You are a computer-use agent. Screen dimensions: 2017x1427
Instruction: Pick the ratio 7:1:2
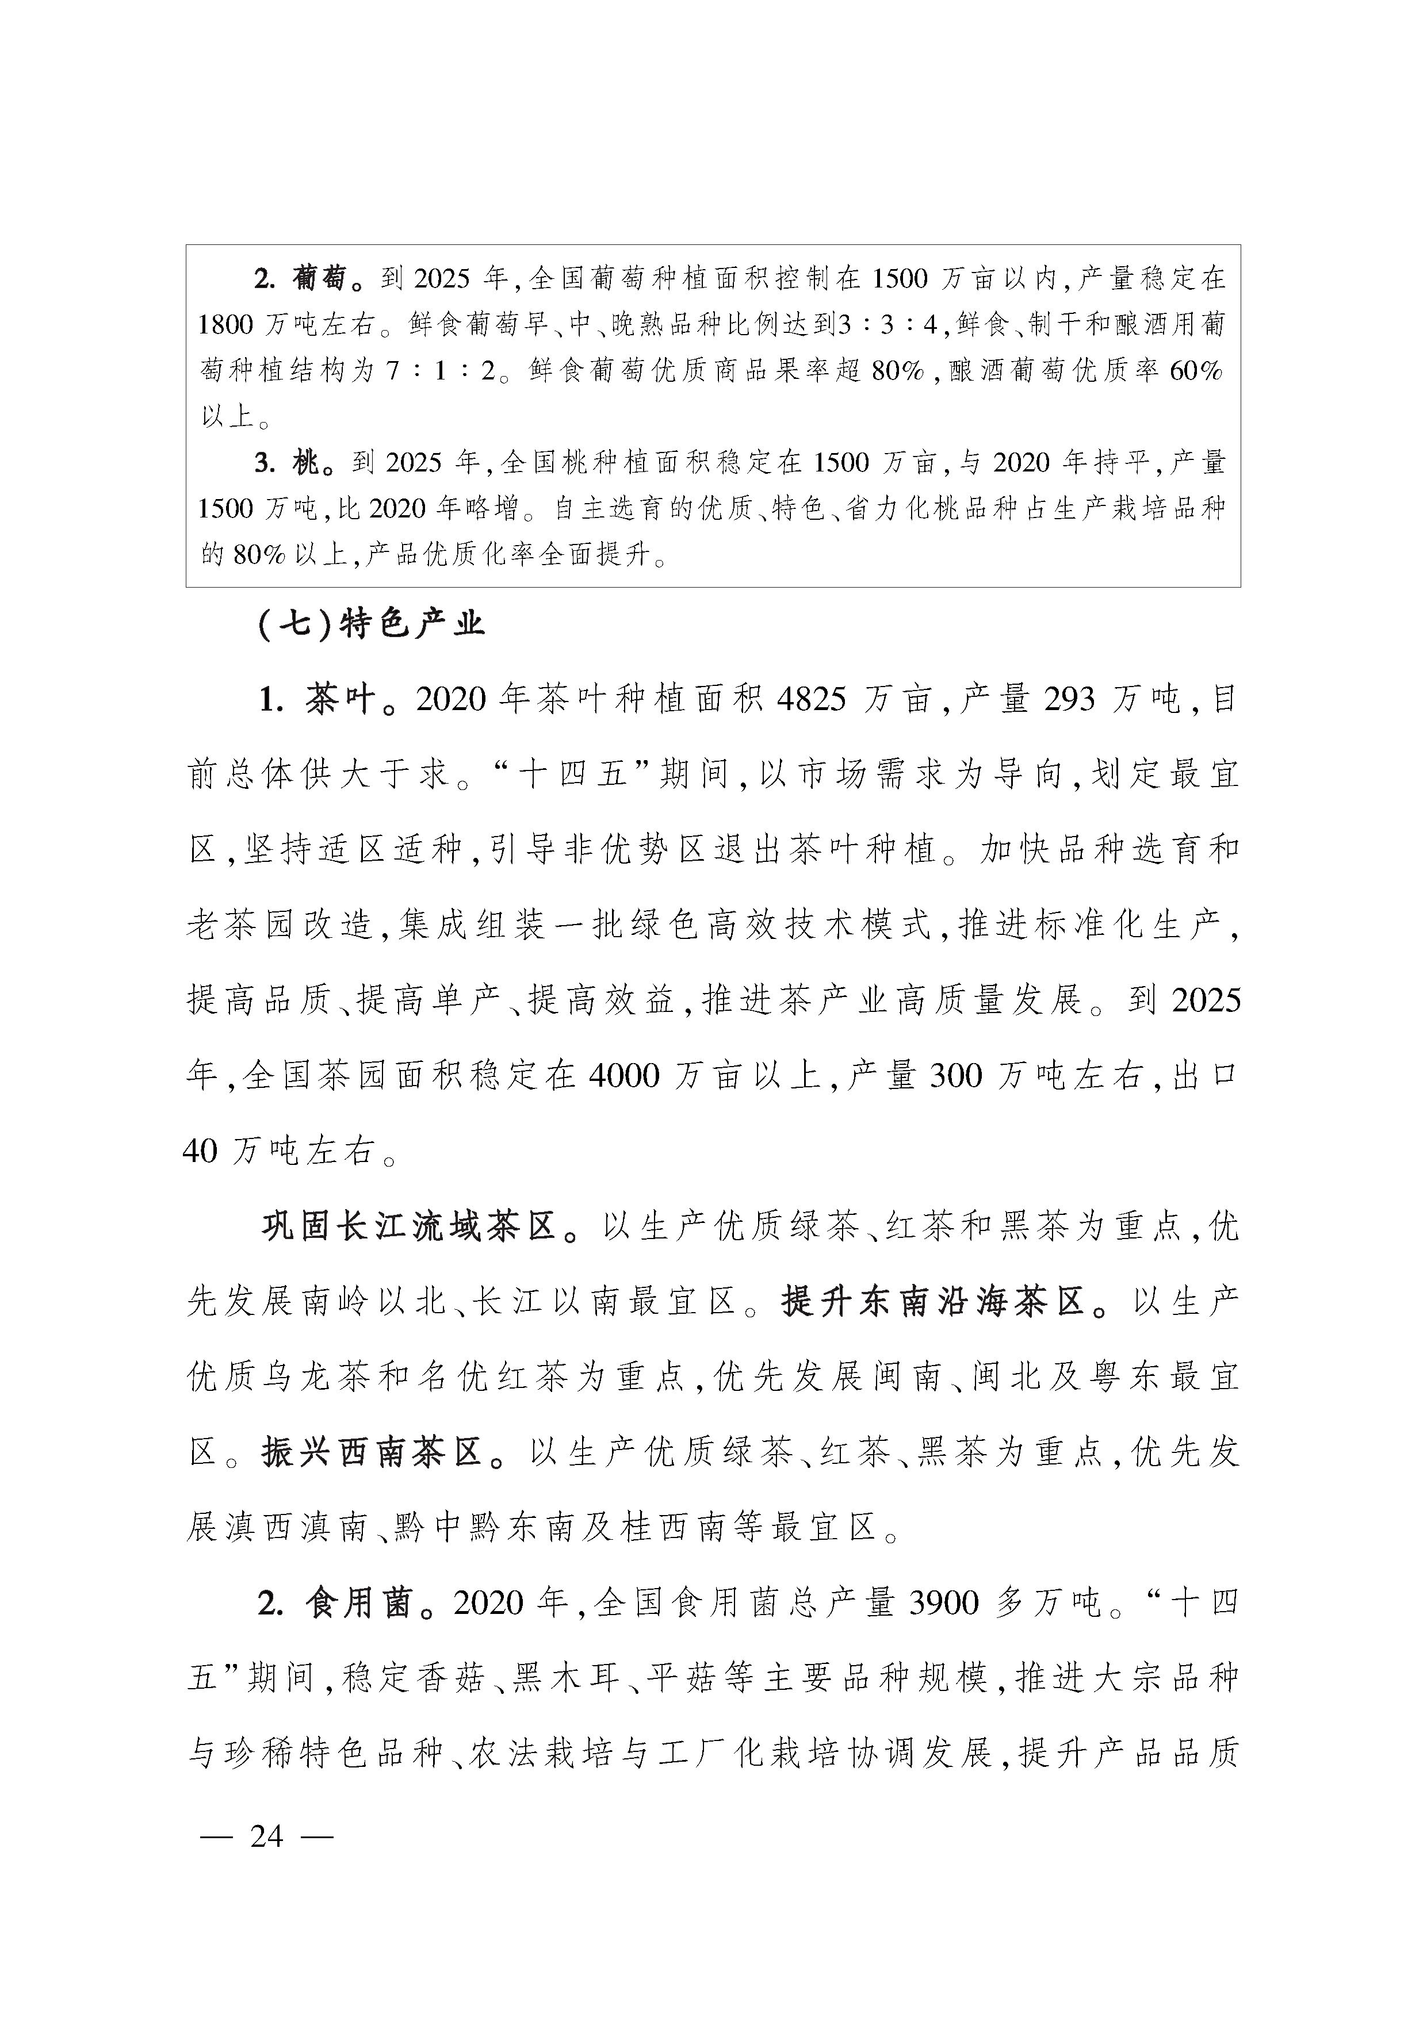click(441, 371)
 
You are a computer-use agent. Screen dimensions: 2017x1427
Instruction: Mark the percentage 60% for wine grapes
click(1195, 371)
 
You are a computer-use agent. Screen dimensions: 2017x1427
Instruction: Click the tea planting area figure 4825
click(812, 699)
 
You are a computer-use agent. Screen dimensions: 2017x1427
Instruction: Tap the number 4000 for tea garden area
click(624, 1075)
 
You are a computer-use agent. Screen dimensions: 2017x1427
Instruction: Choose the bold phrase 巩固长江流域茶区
click(410, 1226)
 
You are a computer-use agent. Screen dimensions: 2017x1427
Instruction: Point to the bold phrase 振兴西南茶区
click(373, 1453)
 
